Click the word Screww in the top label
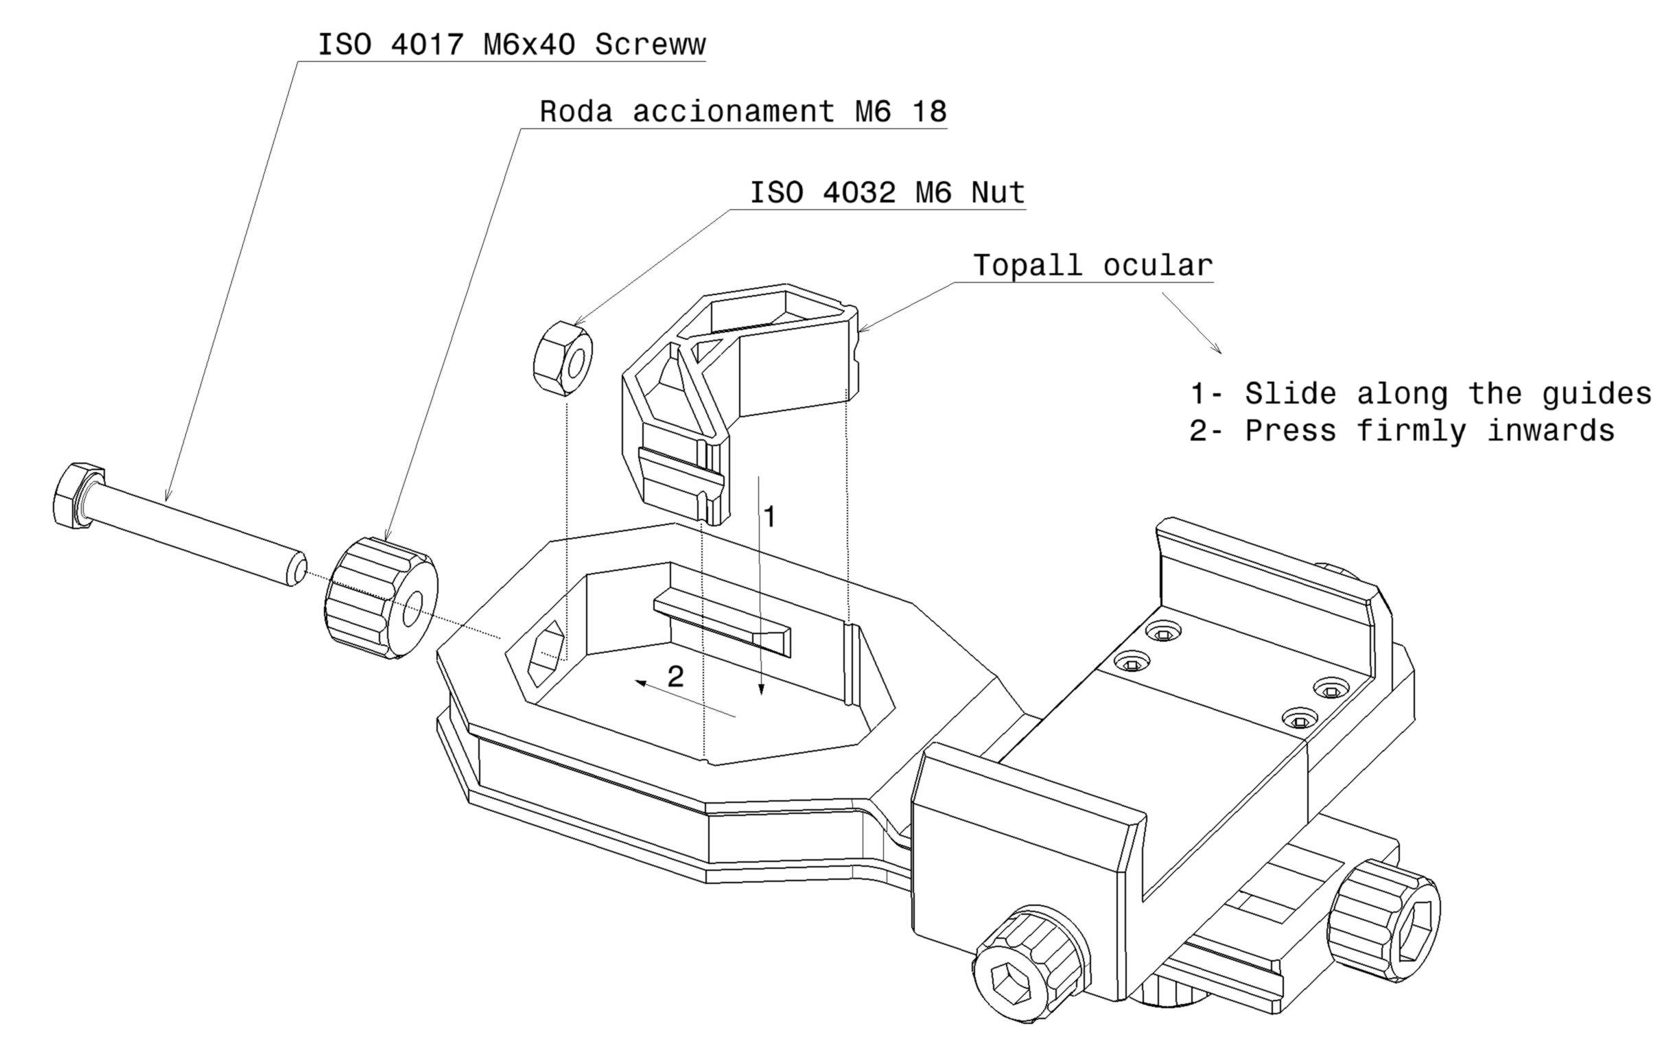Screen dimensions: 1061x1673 click(x=650, y=45)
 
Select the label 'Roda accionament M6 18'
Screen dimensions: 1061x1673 click(x=742, y=112)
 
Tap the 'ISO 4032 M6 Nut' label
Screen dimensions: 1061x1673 click(x=887, y=192)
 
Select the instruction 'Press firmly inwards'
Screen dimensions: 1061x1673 click(x=1429, y=432)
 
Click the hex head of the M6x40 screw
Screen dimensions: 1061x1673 click(x=78, y=494)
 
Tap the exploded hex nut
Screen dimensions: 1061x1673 click(x=563, y=358)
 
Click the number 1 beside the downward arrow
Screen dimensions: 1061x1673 click(x=769, y=517)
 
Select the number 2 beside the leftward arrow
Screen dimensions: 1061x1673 click(x=675, y=676)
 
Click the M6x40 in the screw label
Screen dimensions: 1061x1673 click(x=529, y=45)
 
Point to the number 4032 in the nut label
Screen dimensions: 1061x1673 click(x=858, y=192)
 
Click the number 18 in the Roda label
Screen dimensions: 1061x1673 click(x=929, y=112)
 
